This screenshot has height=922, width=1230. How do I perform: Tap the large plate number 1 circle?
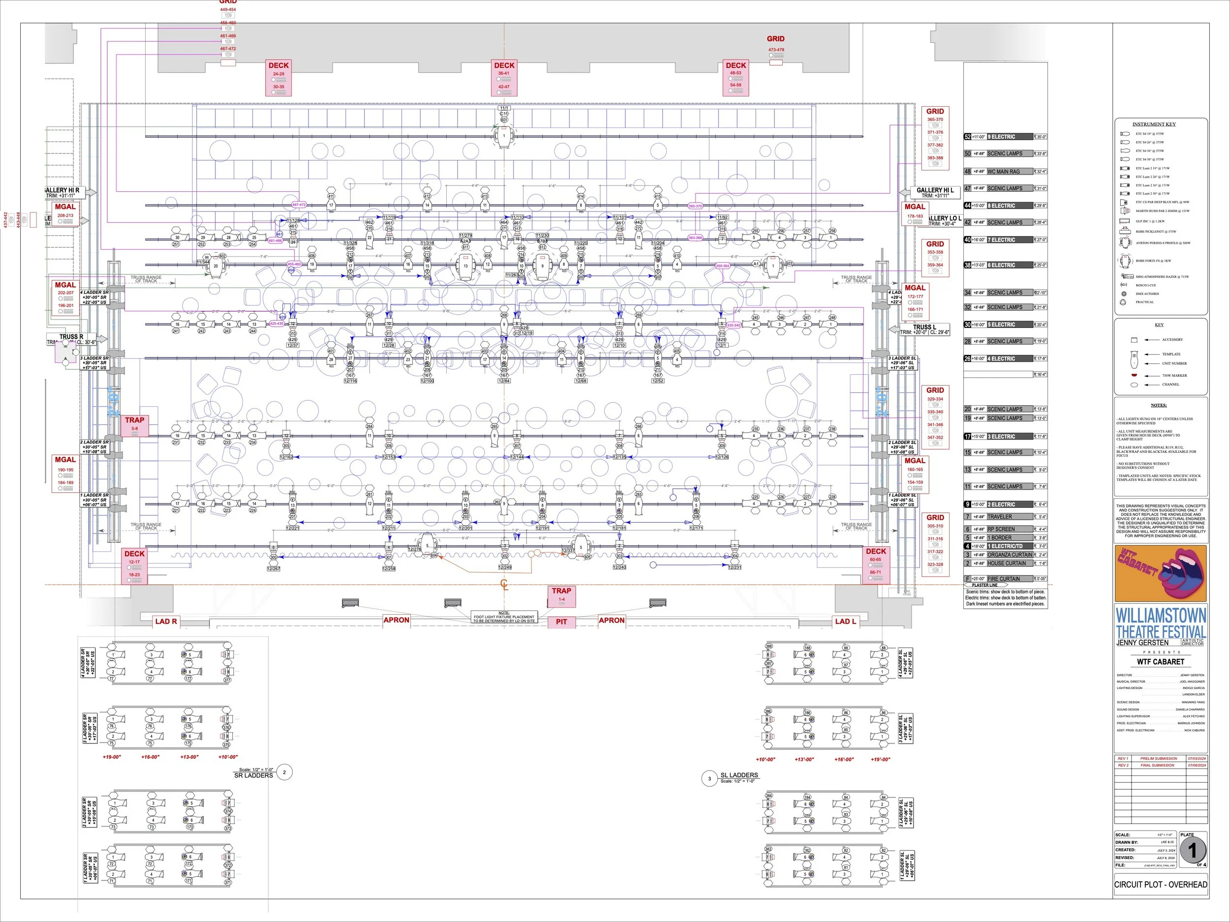pyautogui.click(x=1192, y=851)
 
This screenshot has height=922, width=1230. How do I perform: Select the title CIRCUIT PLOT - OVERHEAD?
pyautogui.click(x=1161, y=884)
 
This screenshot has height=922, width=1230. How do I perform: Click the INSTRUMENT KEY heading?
pyautogui.click(x=1154, y=124)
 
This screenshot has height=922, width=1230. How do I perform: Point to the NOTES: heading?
pyautogui.click(x=1159, y=405)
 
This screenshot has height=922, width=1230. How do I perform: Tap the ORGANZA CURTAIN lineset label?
pyautogui.click(x=1010, y=555)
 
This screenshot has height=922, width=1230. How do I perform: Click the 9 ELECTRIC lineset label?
pyautogui.click(x=1003, y=137)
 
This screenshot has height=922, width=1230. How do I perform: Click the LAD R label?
pyautogui.click(x=166, y=622)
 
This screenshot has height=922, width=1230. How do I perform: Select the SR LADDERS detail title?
pyautogui.click(x=253, y=775)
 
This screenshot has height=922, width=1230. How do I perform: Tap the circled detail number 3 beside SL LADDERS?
pyautogui.click(x=709, y=778)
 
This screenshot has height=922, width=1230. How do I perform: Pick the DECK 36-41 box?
pyautogui.click(x=504, y=77)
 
